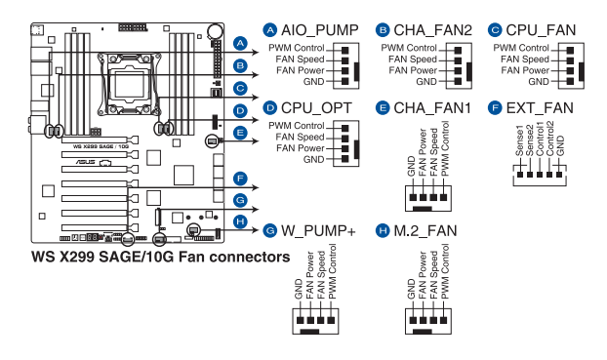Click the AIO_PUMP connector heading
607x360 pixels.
point(320,30)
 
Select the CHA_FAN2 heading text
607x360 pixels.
point(432,30)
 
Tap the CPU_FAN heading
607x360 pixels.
point(542,30)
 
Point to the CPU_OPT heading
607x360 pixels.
point(316,108)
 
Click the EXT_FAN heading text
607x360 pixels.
point(540,108)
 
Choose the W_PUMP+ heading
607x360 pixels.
point(318,230)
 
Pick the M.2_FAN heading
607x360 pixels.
point(425,230)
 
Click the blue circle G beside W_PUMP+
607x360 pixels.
point(269,230)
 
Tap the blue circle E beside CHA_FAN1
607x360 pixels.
point(383,108)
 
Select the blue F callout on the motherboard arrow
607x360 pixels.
point(240,179)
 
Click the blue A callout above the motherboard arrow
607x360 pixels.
point(240,43)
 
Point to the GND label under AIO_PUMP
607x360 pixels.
point(313,82)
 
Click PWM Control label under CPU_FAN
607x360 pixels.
point(521,48)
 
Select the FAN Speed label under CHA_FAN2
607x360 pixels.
point(413,60)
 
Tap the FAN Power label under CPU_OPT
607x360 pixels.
point(301,148)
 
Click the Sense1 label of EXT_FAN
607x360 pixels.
point(519,140)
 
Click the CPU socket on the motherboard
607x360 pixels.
point(129,84)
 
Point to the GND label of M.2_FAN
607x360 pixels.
point(411,289)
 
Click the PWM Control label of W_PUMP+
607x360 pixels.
point(332,271)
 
